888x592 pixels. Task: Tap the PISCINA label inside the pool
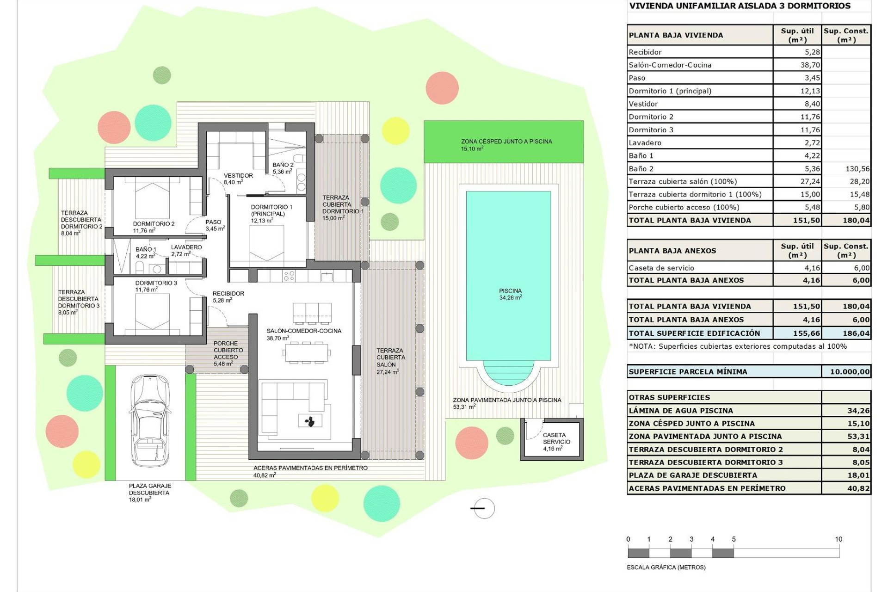[510, 291]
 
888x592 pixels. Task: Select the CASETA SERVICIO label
[556, 438]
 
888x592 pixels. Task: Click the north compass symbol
[484, 508]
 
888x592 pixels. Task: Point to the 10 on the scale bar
[838, 539]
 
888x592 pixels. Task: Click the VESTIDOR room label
[238, 176]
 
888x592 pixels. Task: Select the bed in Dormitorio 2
[153, 199]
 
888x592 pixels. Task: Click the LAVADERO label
[186, 247]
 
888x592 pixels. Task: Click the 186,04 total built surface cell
[856, 333]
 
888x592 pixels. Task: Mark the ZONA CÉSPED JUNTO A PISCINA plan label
[506, 142]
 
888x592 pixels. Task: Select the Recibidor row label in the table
[645, 52]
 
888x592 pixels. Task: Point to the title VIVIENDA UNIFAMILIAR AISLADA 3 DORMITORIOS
[740, 6]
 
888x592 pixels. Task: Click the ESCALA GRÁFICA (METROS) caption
[666, 567]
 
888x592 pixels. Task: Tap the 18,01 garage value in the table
[858, 475]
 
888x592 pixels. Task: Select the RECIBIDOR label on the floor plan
[228, 294]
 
